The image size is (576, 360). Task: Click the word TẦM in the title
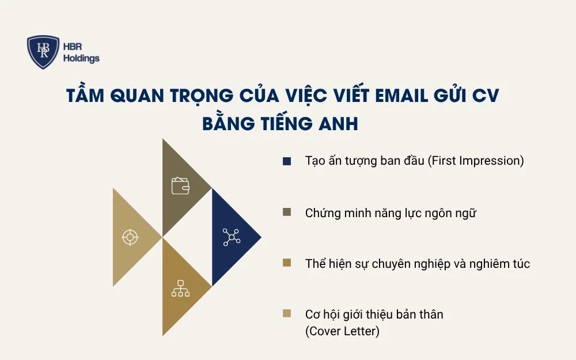tap(87, 96)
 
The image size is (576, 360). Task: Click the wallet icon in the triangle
tap(180, 185)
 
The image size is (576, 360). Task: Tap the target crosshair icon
tap(130, 237)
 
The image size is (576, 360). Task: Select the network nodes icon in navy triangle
tap(231, 237)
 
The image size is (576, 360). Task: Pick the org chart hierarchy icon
tap(180, 288)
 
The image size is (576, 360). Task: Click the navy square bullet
tap(287, 161)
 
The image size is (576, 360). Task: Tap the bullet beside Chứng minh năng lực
tap(287, 213)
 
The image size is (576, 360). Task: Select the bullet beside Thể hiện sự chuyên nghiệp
tap(287, 264)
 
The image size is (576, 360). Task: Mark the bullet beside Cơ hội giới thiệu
tap(287, 314)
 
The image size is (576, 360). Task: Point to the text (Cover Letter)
tap(342, 331)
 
